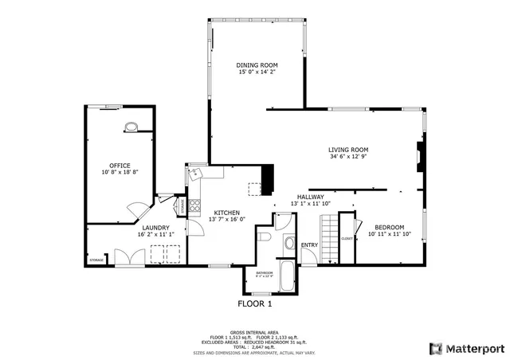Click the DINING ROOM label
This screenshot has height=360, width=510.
tap(256, 65)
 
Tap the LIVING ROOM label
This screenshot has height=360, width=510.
tap(348, 149)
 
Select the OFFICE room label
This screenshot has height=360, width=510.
tap(120, 165)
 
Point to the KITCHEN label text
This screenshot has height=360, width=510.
tap(226, 213)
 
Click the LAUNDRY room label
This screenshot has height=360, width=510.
tap(153, 227)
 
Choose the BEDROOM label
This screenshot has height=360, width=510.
tap(390, 227)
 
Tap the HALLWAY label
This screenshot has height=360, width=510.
tap(310, 197)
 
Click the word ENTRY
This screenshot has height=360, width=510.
tap(309, 245)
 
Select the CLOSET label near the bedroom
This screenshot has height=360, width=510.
tap(347, 238)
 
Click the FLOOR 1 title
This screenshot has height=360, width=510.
tap(255, 303)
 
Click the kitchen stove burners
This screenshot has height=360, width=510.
tap(194, 205)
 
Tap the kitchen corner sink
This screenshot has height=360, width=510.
tap(196, 173)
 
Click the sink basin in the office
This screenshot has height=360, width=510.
tap(130, 125)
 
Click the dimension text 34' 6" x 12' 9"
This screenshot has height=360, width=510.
tap(348, 157)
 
